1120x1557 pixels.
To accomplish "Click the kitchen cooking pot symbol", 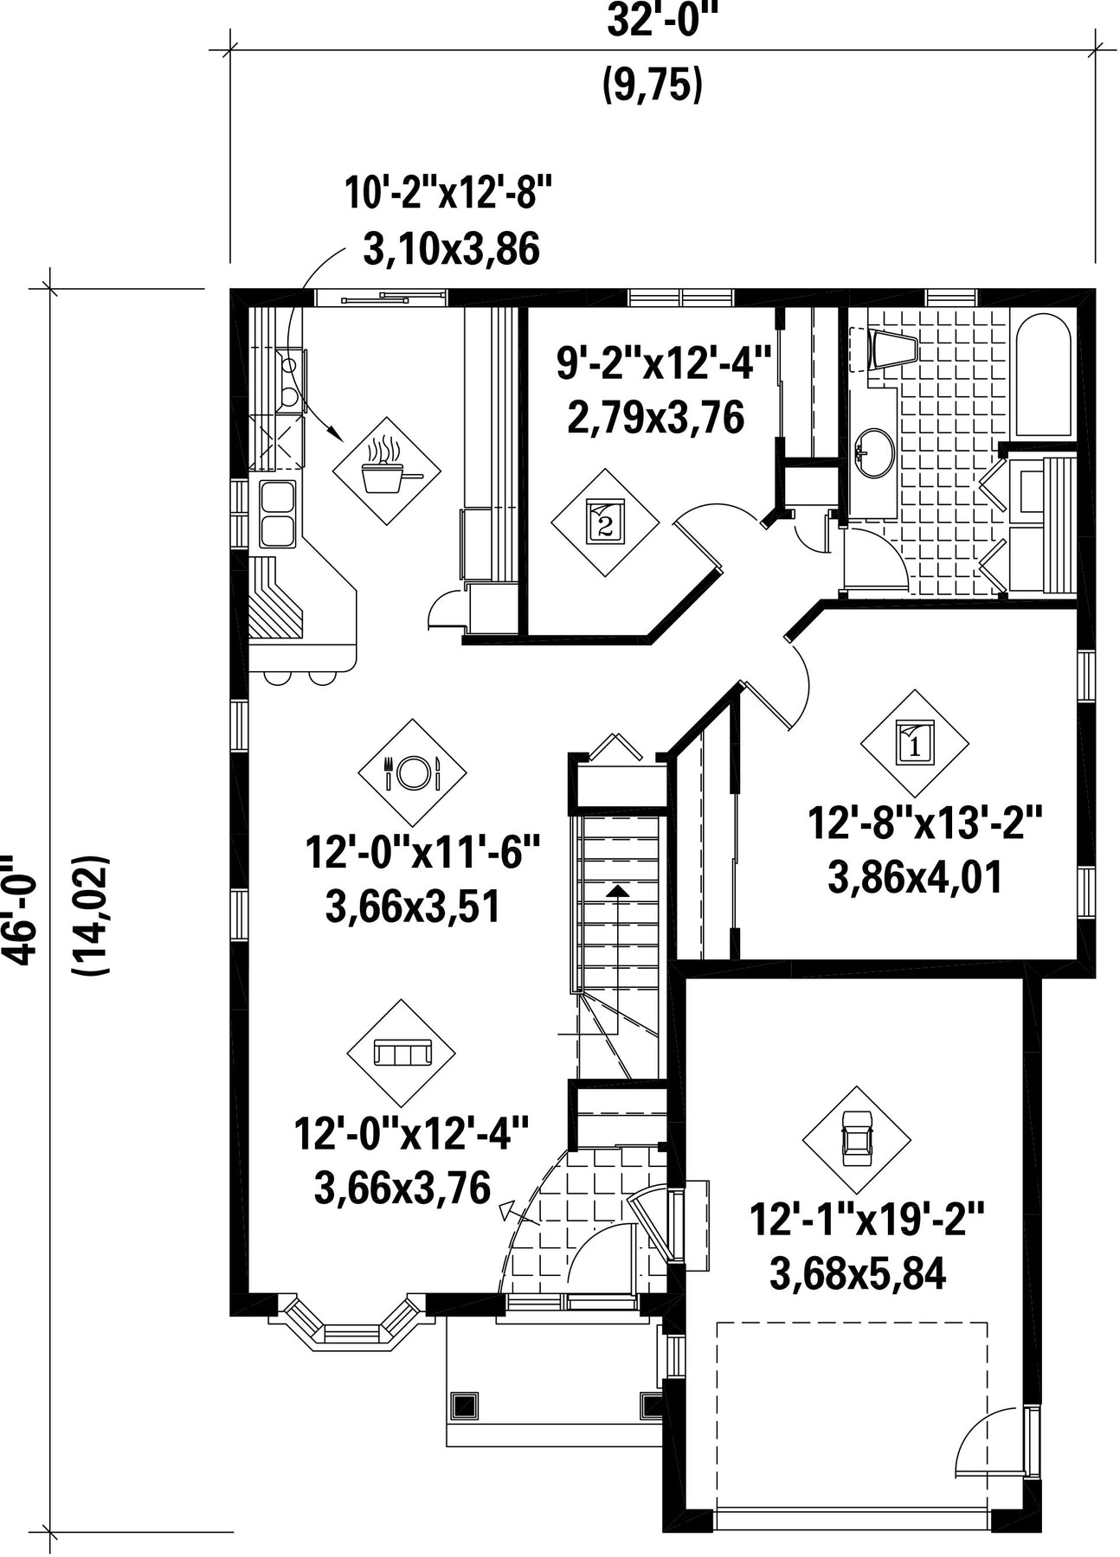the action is (387, 471).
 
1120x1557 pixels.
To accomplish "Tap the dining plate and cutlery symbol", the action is (412, 772).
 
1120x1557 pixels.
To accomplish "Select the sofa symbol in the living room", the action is (401, 1053).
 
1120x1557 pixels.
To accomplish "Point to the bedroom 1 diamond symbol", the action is (914, 742).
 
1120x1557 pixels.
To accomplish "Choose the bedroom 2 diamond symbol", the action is (606, 522).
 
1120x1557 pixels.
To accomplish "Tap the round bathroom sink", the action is (872, 452).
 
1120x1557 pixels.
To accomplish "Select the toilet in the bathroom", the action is (891, 349).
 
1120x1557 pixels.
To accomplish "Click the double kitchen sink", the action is (277, 515).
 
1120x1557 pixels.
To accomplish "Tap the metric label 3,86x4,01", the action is (915, 877).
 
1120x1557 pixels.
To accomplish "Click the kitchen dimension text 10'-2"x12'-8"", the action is (448, 192).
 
